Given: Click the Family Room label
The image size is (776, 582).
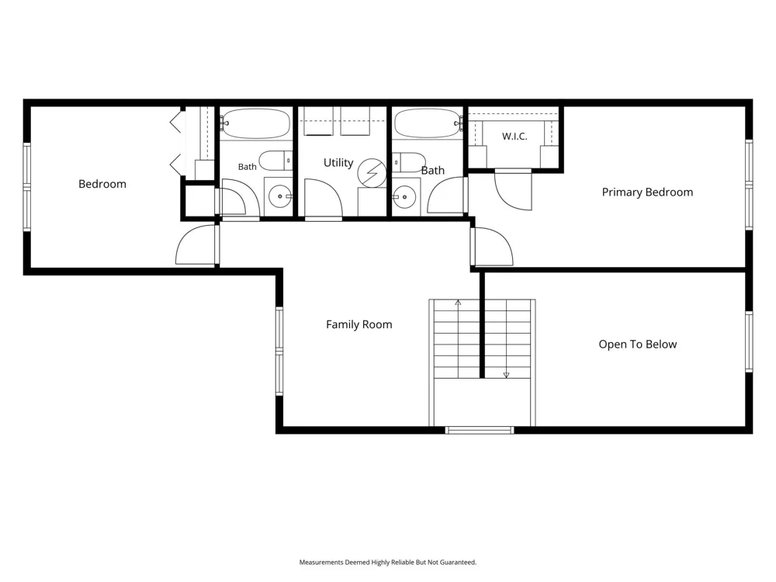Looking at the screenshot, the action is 359,324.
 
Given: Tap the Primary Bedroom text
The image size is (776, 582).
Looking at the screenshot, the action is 647,192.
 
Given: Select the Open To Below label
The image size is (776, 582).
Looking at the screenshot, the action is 637,345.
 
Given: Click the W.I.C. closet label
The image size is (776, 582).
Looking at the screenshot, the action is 514,136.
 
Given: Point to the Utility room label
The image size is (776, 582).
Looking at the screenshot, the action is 338,163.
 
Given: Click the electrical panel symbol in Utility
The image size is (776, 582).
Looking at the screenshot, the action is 372,173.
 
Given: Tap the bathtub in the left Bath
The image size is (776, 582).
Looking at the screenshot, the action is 255,123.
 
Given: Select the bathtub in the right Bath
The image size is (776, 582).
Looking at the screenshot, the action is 428,123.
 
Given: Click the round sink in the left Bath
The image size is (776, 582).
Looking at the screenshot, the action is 280,196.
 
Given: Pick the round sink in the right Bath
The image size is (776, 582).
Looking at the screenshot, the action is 405,197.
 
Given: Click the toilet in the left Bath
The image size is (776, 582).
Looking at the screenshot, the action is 276,161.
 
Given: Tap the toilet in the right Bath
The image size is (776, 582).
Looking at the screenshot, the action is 409,162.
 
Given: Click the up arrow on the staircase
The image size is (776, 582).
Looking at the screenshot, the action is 459,303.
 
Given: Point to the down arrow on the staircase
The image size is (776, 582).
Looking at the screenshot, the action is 506,375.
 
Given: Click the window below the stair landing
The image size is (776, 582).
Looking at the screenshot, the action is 480,430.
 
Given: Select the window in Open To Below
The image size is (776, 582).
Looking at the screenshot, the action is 749,341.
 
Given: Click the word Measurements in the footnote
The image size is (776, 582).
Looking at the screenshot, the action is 321,562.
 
